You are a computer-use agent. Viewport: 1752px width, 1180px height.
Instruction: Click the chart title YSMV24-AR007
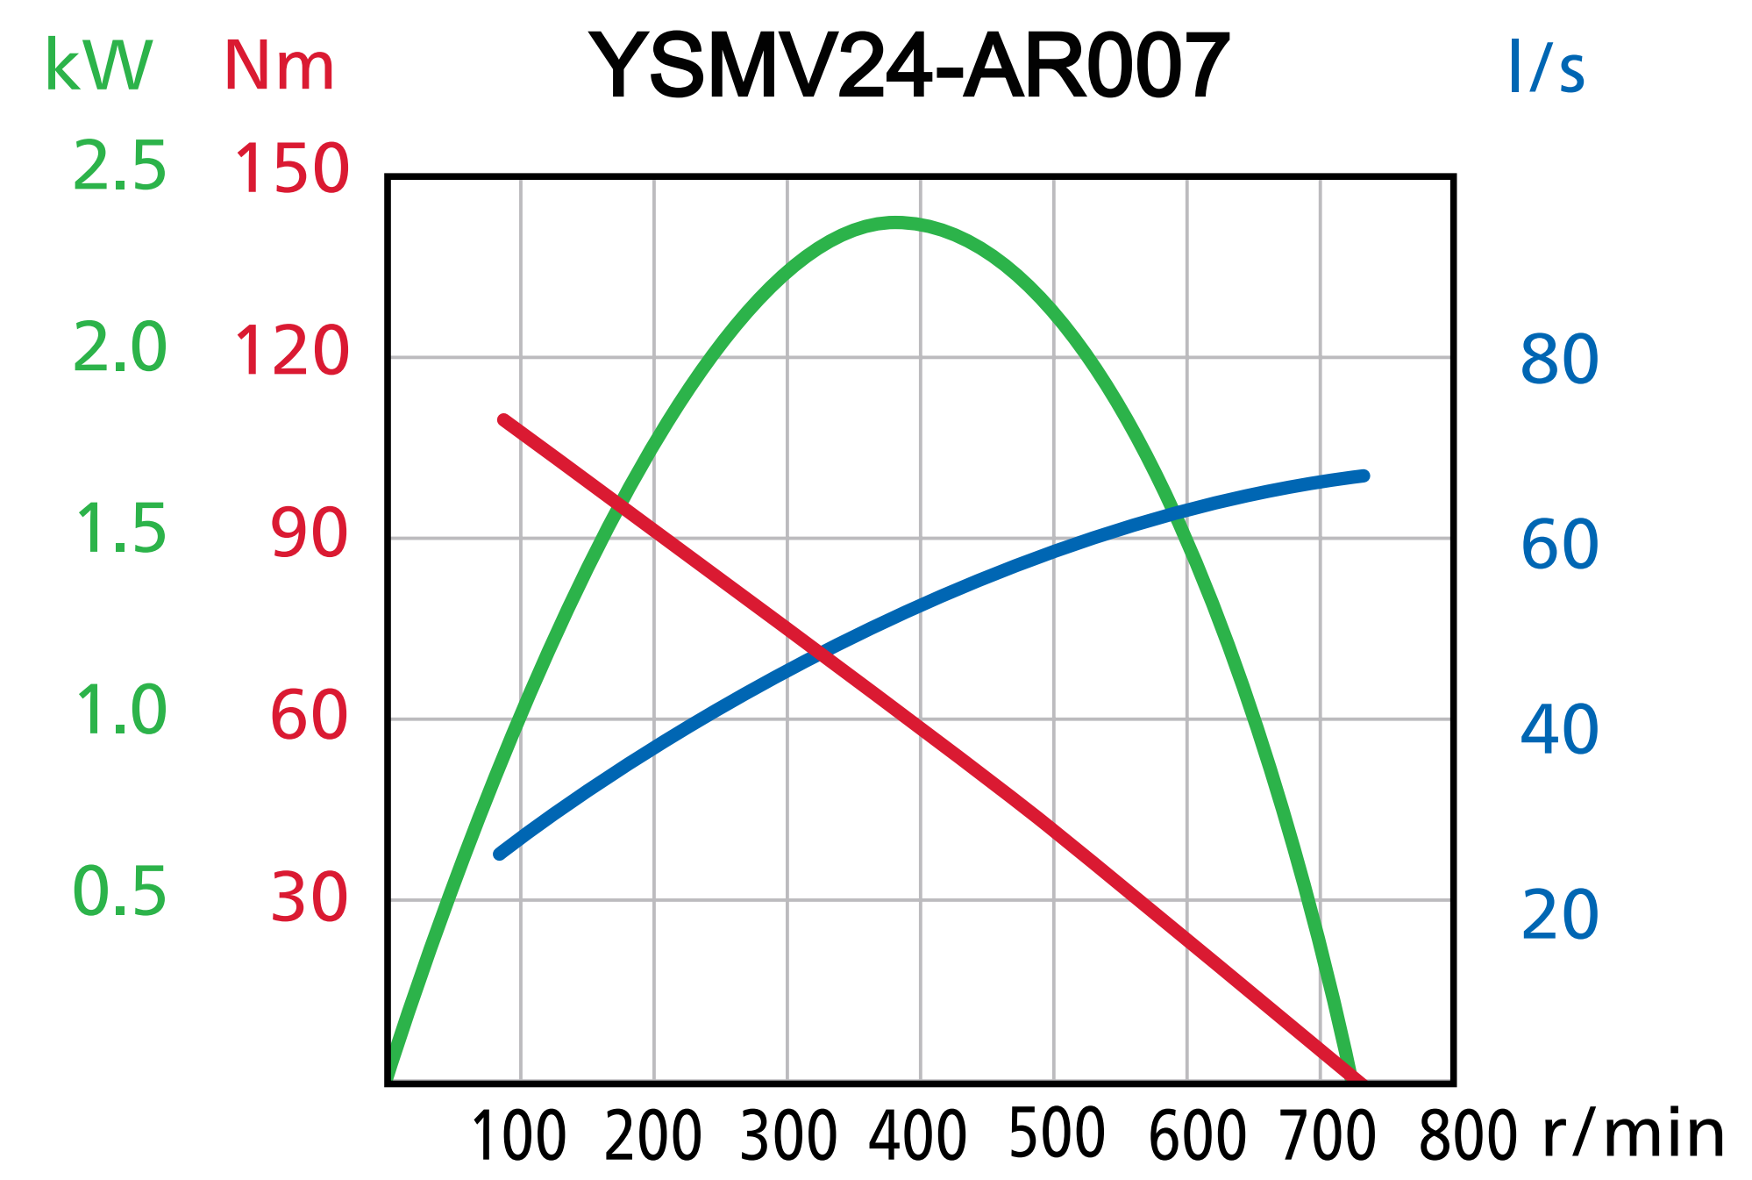[910, 67]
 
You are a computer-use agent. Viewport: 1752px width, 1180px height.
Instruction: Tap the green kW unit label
[98, 66]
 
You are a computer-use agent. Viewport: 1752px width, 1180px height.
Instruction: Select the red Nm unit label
[279, 66]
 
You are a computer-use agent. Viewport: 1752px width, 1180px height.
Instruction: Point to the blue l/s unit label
[1546, 67]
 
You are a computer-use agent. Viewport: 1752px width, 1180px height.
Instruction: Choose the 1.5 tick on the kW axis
[119, 530]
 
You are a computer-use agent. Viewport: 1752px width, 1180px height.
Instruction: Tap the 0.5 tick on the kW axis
[119, 892]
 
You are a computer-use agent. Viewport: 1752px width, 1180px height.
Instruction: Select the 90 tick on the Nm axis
[309, 534]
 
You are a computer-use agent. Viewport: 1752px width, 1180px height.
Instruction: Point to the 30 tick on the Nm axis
[309, 898]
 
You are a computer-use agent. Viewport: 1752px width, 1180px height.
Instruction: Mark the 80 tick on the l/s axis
[1559, 360]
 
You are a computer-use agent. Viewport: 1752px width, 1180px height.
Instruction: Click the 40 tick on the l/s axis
[1559, 729]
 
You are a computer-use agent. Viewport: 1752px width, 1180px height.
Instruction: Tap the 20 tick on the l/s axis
[1559, 915]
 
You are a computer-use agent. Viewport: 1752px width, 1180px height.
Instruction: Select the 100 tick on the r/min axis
[519, 1136]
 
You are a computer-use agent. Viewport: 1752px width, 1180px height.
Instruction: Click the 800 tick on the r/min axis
[1467, 1136]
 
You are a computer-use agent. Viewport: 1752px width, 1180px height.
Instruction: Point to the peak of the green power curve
[895, 223]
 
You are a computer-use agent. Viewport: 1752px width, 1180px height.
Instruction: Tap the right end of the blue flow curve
[1364, 476]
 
